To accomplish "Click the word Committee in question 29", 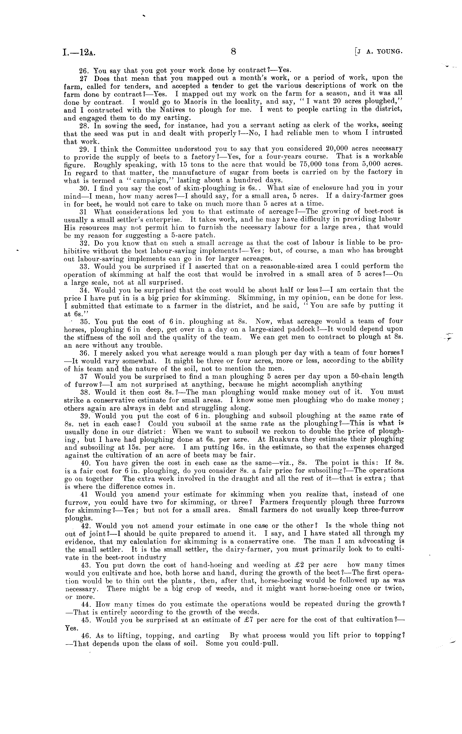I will (150, 149).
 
